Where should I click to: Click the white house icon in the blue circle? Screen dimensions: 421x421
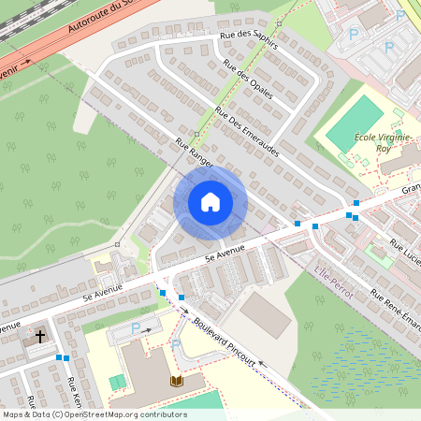tap(210, 201)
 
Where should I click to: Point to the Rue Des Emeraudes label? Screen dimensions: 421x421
tap(247, 131)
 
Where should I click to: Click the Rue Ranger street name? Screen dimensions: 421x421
tap(194, 152)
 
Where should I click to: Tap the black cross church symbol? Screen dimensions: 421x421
tap(40, 335)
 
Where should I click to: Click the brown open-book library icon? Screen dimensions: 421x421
tap(177, 381)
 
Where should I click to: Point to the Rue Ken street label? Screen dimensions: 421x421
tap(74, 393)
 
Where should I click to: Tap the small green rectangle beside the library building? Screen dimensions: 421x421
tap(117, 383)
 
